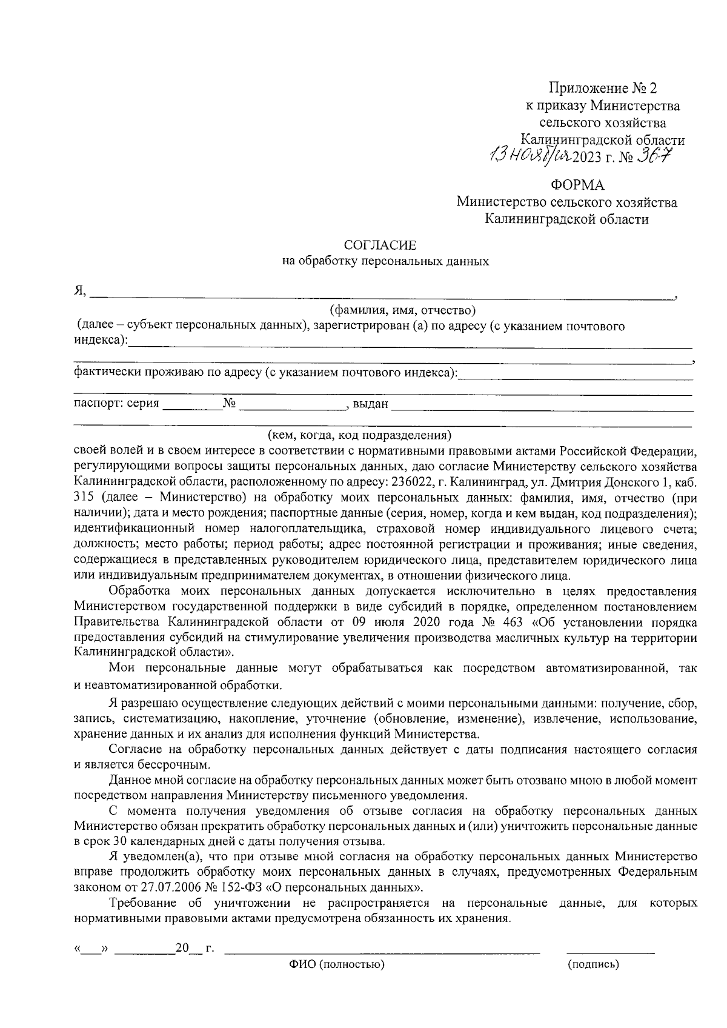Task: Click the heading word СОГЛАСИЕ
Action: pos(380,245)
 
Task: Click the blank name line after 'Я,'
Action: pos(382,296)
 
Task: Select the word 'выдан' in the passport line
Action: pos(370,404)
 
